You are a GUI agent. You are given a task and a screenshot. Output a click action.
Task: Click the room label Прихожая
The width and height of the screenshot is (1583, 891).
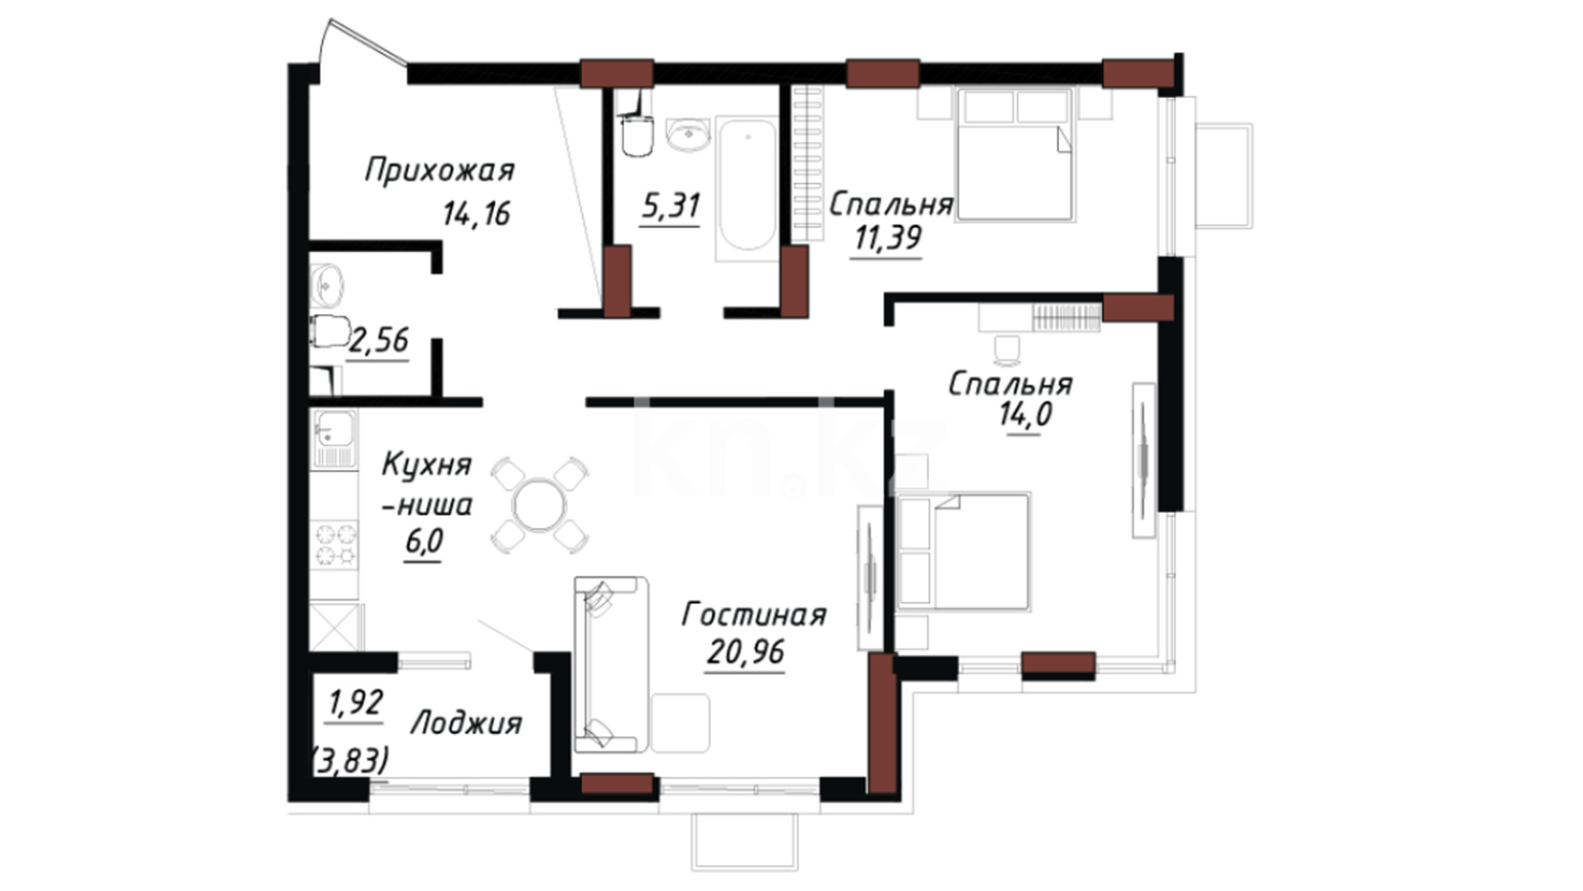439,171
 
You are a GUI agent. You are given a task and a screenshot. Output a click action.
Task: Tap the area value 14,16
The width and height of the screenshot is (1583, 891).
477,214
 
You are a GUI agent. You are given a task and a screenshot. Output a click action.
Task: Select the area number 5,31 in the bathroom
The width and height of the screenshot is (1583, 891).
670,205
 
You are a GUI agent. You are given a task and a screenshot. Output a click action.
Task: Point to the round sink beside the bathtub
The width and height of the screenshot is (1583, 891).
688,135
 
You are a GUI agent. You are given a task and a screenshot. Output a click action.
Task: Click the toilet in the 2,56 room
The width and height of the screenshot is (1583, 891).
330,332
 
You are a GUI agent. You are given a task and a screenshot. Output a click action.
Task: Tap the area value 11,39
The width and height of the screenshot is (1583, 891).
888,238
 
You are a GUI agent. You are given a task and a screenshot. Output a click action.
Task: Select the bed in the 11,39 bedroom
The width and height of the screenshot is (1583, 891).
1015,154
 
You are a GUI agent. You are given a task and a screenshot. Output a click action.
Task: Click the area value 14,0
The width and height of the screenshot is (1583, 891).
1026,413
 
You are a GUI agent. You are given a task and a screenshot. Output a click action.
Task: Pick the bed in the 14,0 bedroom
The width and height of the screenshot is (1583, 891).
964,552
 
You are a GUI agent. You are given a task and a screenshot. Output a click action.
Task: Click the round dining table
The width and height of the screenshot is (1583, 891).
539,505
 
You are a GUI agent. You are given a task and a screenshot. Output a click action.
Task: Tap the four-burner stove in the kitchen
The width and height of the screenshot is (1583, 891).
336,544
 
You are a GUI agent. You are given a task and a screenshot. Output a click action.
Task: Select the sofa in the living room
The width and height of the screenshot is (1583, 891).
611,665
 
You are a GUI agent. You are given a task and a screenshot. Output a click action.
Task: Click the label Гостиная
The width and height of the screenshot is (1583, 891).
754,615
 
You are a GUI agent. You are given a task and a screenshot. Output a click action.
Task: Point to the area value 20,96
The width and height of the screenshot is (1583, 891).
745,653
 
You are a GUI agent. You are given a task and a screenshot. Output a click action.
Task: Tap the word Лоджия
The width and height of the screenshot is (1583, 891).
467,724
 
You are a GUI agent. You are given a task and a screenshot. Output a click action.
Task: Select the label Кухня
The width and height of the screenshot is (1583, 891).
426,465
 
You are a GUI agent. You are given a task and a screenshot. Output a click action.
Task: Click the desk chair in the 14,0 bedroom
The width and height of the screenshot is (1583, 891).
1007,350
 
